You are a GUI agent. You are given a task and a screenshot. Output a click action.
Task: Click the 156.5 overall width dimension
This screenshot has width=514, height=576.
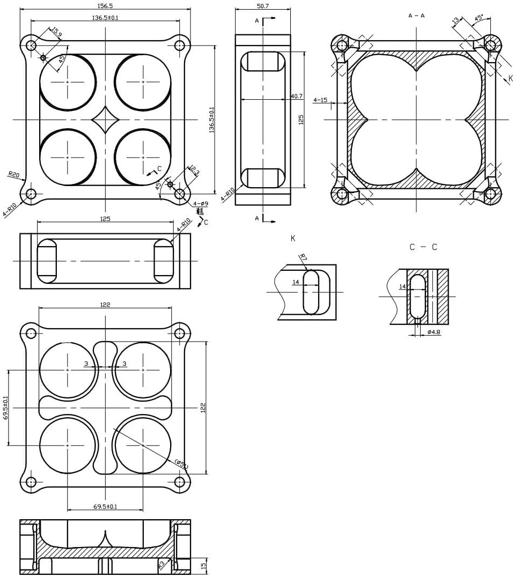coord(106,5)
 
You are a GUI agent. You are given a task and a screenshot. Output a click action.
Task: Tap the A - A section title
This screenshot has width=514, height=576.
coord(416,16)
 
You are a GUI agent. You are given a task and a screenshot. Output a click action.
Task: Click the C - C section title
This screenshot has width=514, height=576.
coord(423,247)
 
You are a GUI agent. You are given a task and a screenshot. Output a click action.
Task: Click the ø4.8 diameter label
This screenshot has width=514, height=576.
coord(434,332)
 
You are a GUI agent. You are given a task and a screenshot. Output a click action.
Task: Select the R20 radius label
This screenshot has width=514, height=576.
coord(13,174)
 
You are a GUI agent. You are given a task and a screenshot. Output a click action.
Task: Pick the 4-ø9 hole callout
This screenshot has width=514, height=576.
coord(201,203)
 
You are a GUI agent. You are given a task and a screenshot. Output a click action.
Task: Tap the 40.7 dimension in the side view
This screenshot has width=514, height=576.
coord(296,96)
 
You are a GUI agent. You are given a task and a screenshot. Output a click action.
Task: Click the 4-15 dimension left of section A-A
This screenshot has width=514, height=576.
coord(320,100)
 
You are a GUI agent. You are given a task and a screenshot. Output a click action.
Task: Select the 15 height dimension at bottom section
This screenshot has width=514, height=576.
coord(203,565)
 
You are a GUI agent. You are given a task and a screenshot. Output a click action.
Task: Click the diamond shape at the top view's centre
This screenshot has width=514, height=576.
coord(105,119)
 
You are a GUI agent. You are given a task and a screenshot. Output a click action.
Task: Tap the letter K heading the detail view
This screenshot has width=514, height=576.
coord(292,238)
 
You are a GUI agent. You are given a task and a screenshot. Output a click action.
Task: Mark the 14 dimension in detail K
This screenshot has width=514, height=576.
coord(296,282)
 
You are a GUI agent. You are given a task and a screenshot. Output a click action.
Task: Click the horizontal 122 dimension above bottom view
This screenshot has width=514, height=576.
coord(105,304)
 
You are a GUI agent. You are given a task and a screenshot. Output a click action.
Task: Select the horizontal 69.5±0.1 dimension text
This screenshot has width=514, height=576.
coord(105,506)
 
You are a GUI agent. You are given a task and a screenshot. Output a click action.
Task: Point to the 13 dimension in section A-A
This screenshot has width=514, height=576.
coord(456,21)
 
